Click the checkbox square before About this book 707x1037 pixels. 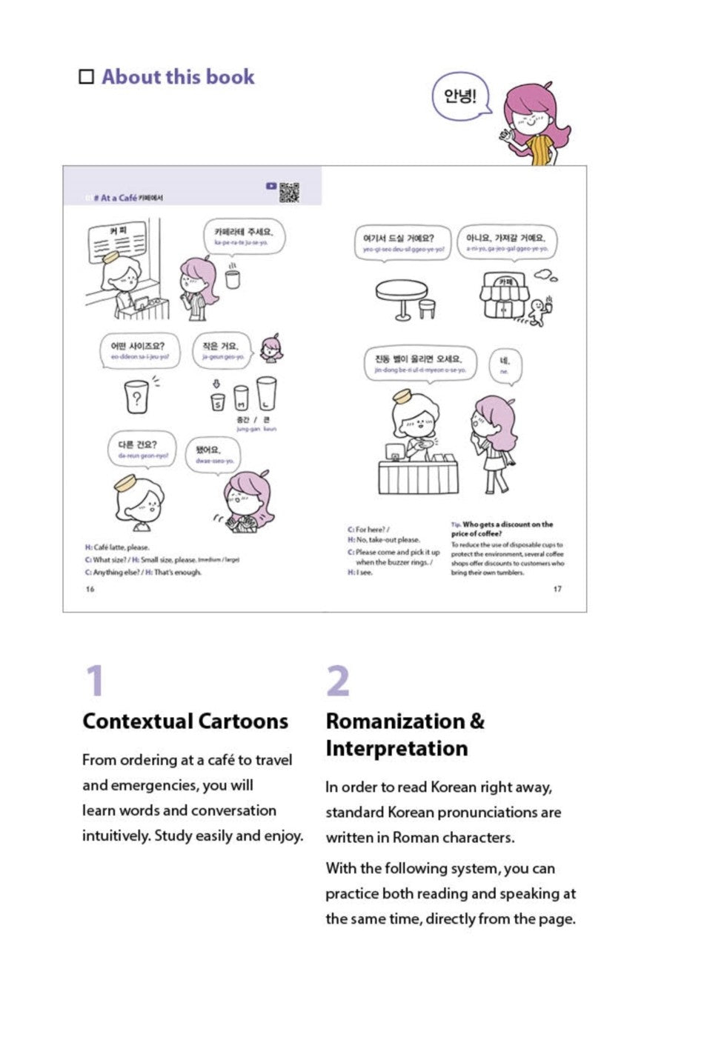(x=87, y=77)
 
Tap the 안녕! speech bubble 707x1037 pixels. (x=460, y=96)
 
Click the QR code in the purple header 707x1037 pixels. (x=289, y=192)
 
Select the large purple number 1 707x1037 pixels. (x=95, y=681)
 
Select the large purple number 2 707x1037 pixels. (x=338, y=681)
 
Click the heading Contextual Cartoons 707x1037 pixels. (x=185, y=721)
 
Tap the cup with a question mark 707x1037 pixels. (x=136, y=397)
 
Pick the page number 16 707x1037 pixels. (x=90, y=590)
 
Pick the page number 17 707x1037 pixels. (x=557, y=590)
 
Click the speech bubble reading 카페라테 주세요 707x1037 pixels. (x=242, y=236)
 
